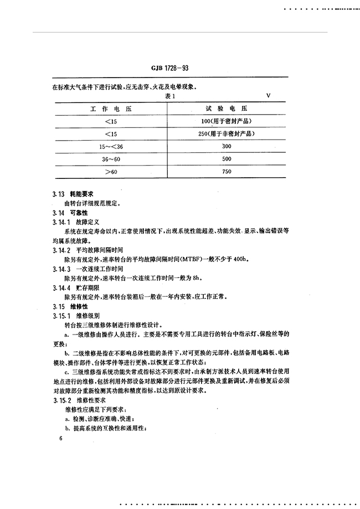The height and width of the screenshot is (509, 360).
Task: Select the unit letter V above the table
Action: pyautogui.click(x=268, y=96)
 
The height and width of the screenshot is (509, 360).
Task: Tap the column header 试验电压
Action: pyautogui.click(x=225, y=109)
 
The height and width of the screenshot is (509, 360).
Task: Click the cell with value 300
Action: pyautogui.click(x=226, y=147)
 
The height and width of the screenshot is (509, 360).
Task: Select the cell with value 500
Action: pyautogui.click(x=226, y=160)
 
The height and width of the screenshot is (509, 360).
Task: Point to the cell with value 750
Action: pyautogui.click(x=226, y=172)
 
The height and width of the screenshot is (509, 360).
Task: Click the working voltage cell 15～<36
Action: pyautogui.click(x=110, y=147)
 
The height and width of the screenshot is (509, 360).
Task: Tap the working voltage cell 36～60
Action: pyautogui.click(x=110, y=160)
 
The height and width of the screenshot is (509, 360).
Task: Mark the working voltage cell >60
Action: pyautogui.click(x=111, y=172)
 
